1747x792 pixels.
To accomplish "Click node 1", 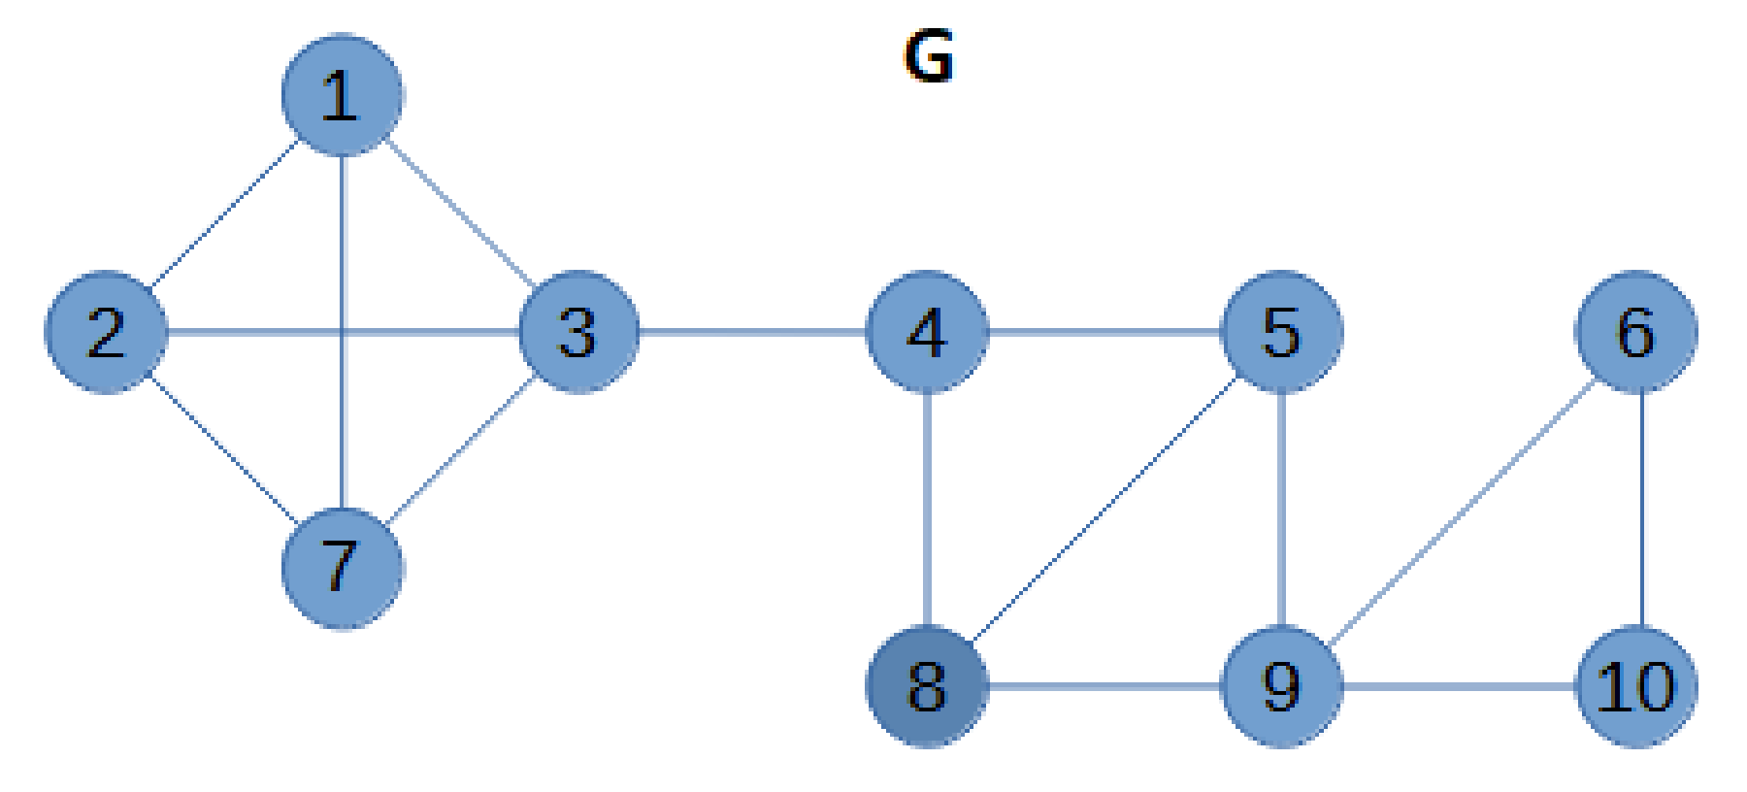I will point(342,95).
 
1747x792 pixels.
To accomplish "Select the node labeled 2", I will point(107,332).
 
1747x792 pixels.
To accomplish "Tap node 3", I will point(578,332).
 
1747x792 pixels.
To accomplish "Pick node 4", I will point(927,332).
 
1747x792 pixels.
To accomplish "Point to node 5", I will point(1281,332).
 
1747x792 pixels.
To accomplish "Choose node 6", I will point(1636,332).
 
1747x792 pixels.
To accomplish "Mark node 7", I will point(342,568).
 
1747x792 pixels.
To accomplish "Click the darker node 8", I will point(927,686).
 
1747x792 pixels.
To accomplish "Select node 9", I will point(1281,686).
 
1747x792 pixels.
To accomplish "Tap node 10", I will point(1636,686).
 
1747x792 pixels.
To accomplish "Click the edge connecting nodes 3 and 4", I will point(752,332).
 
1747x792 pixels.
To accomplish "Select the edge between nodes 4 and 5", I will point(1104,332).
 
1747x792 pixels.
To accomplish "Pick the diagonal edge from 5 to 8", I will point(1104,510).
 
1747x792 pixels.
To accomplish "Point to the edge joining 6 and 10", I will point(1641,510).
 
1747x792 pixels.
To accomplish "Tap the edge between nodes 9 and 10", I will point(1459,686).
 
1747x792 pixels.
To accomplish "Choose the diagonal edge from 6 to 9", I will point(1464,510).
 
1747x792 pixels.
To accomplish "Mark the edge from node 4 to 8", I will point(929,510).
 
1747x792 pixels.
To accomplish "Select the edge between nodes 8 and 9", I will point(1104,686).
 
